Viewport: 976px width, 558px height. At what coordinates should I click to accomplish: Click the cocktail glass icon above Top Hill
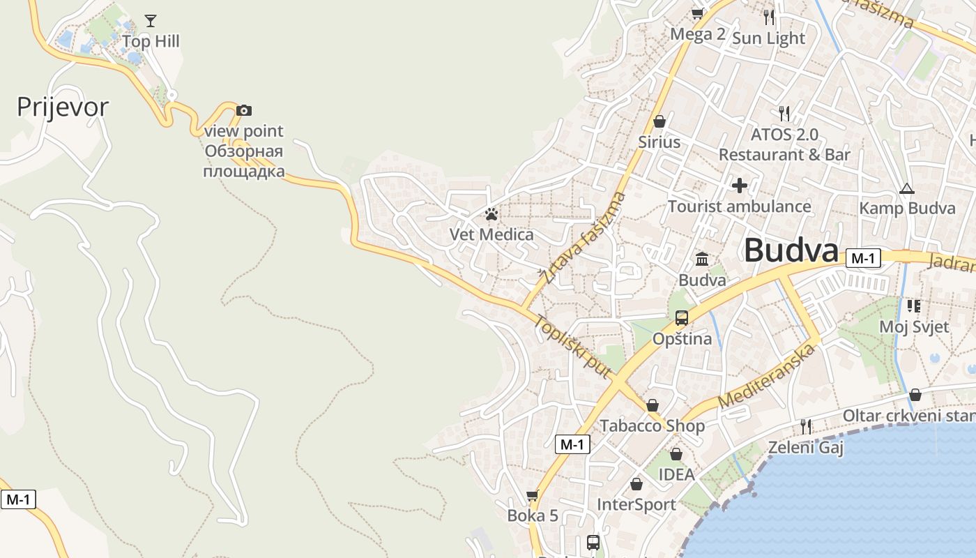coord(151,20)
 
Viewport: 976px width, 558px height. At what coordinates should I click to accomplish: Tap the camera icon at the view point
coord(243,110)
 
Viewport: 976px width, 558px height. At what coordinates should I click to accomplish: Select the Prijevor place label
coord(63,107)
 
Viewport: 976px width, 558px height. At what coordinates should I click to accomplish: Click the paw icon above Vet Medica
coord(491,214)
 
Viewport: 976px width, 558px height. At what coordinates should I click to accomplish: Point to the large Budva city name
coord(791,250)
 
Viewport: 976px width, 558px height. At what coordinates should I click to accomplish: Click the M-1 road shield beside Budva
coord(863,258)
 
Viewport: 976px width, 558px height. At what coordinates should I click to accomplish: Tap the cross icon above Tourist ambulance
coord(739,186)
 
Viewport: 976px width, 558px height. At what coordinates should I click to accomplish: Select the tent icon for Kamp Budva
coord(906,188)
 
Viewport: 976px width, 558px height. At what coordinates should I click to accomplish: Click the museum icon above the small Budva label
coord(702,259)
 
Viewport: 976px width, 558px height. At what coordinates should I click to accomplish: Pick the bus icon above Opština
coord(682,318)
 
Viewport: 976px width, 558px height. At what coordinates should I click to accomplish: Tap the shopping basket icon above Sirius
coord(659,121)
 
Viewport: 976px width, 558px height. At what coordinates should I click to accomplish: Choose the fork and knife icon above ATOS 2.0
coord(784,113)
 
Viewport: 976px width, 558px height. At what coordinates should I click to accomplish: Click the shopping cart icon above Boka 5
coord(533,495)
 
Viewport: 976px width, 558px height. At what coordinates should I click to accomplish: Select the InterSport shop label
coord(636,504)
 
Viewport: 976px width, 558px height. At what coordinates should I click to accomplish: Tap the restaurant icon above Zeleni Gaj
coord(806,425)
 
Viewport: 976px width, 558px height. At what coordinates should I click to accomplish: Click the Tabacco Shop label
coord(652,425)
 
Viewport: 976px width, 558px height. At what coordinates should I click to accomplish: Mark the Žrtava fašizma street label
coord(584,237)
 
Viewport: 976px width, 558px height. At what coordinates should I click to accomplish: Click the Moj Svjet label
coord(913,326)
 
